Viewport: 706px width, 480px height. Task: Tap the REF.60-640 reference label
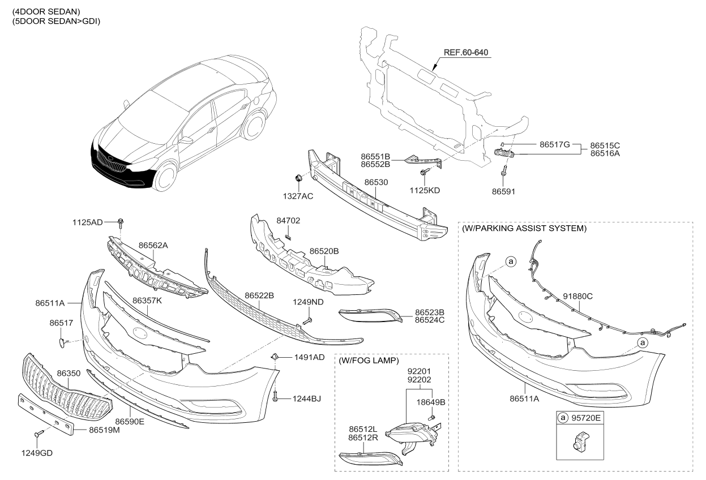[x=465, y=53]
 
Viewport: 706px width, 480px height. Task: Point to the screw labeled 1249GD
[x=38, y=434]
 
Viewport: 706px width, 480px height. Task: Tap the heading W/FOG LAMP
[x=369, y=361]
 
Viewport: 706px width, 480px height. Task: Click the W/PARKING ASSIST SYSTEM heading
[x=524, y=229]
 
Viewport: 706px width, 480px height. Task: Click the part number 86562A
[x=153, y=246]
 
